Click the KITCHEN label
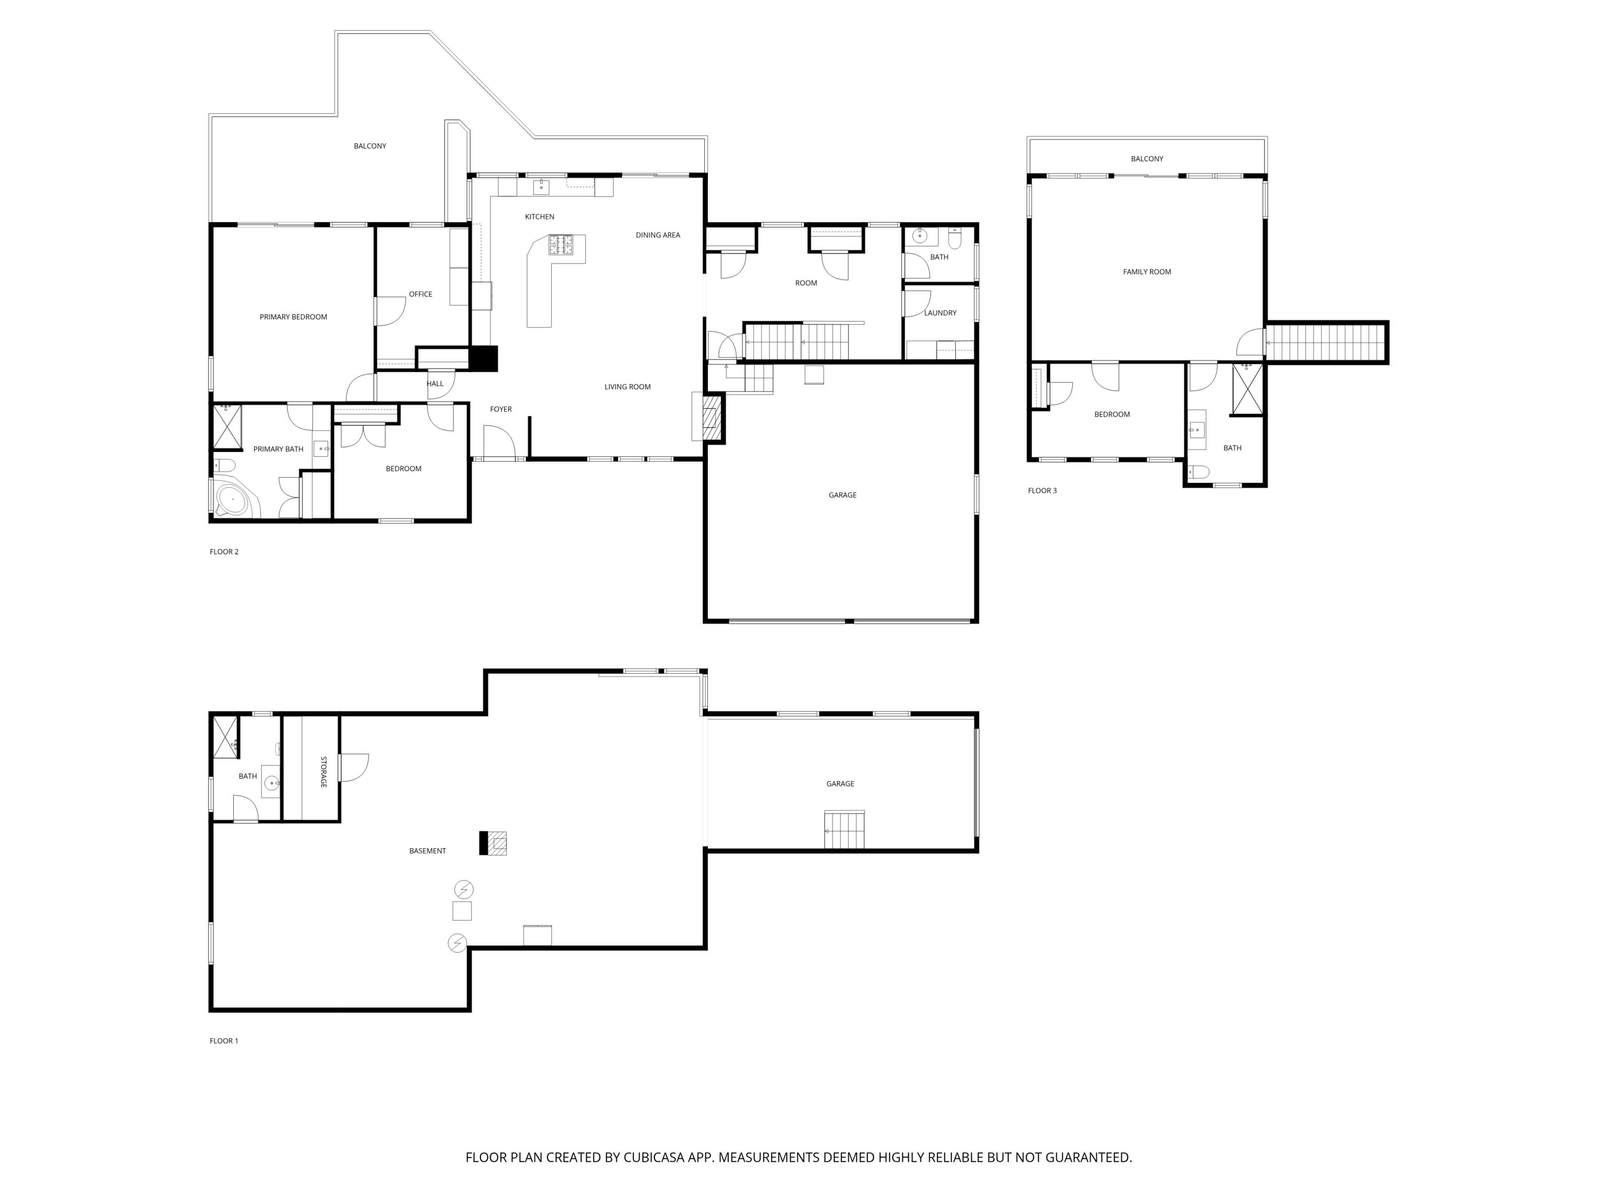(539, 217)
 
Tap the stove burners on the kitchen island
(560, 245)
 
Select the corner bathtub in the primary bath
(234, 499)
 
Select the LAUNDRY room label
(939, 313)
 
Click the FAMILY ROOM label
(1146, 272)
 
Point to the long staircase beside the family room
(1326, 342)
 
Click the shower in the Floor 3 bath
(1247, 389)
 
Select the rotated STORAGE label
(323, 772)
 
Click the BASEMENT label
(427, 851)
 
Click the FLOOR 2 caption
(224, 552)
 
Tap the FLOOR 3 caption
(1042, 490)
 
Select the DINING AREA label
(657, 235)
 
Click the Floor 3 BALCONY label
(1146, 159)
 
